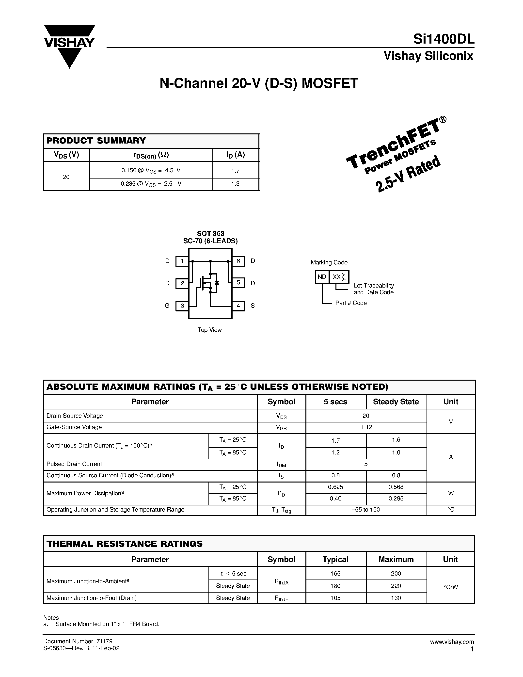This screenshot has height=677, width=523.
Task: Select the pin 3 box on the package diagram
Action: click(x=182, y=306)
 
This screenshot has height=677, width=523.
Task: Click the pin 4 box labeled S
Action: click(x=238, y=306)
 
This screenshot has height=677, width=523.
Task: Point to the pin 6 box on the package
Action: click(x=238, y=261)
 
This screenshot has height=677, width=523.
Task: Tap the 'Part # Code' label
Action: click(x=351, y=303)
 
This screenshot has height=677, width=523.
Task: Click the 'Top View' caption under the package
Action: click(x=210, y=330)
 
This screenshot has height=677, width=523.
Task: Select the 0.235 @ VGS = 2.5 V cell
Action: click(x=151, y=184)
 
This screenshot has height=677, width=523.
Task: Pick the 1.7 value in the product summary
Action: click(x=236, y=171)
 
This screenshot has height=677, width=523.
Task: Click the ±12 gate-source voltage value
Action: click(x=366, y=427)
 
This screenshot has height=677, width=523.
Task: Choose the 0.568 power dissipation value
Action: click(x=396, y=487)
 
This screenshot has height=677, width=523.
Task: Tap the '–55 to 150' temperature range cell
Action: click(x=366, y=510)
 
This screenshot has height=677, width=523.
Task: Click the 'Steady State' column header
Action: click(x=396, y=402)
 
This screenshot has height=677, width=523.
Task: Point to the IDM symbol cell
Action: click(x=281, y=464)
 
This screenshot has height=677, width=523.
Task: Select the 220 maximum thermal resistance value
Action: click(x=396, y=586)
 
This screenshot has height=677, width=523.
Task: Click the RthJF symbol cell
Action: click(x=281, y=598)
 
